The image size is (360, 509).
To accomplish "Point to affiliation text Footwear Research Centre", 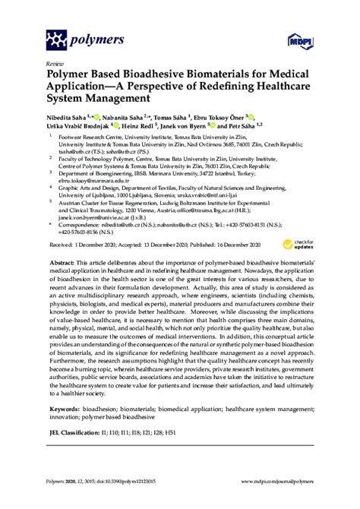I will (x=92, y=139).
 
